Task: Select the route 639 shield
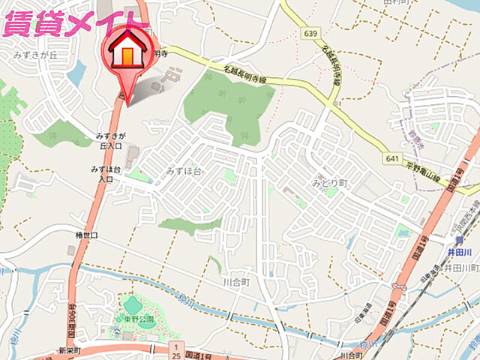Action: (x=310, y=34)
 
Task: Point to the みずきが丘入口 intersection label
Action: (x=110, y=140)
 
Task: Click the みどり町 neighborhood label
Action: (x=330, y=183)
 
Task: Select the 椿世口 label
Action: (x=86, y=235)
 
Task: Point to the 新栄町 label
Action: (x=68, y=350)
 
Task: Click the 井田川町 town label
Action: (x=459, y=268)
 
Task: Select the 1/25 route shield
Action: (x=175, y=349)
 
